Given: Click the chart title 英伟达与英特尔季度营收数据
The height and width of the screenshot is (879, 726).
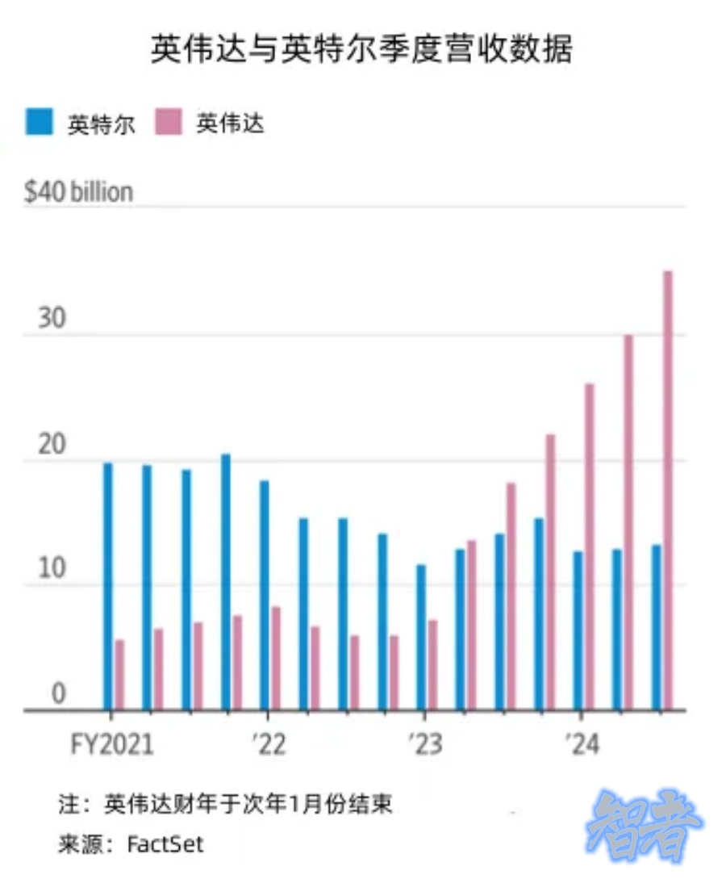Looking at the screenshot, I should point(361,50).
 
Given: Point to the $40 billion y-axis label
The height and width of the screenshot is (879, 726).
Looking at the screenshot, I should point(78,192).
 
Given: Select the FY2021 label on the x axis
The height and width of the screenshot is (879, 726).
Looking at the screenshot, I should point(112,744).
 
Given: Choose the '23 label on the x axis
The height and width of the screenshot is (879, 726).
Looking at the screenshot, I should point(424,744).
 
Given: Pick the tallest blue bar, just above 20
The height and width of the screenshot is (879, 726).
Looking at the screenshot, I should point(226,582).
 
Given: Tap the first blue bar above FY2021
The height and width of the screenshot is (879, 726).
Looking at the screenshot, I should point(108,586).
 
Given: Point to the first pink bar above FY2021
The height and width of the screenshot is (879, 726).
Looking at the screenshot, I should point(120,675).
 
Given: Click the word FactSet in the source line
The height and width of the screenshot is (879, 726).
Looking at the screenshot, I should point(165,844).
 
